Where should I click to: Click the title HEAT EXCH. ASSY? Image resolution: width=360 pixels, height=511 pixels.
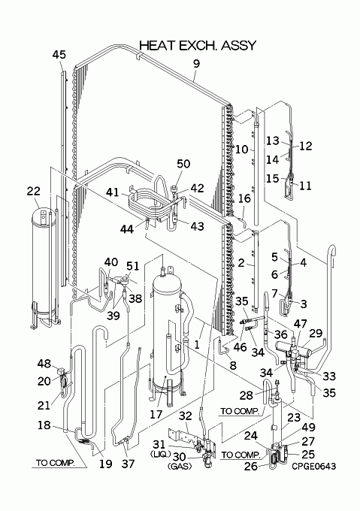point(198,46)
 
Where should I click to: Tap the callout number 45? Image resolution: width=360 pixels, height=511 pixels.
point(59,55)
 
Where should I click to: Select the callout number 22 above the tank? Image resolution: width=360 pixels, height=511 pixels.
point(33,191)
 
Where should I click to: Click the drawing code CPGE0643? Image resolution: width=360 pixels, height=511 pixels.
point(313,466)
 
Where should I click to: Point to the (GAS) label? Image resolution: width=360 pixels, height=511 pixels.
point(180,467)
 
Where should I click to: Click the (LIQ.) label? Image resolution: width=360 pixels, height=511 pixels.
point(160,454)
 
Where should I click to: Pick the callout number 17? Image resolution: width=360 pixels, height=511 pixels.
point(156,414)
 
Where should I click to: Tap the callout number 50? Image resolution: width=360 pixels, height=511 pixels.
point(183,164)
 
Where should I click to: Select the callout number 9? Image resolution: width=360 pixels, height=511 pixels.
point(196,64)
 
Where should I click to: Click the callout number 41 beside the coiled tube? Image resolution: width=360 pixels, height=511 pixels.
point(113,192)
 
